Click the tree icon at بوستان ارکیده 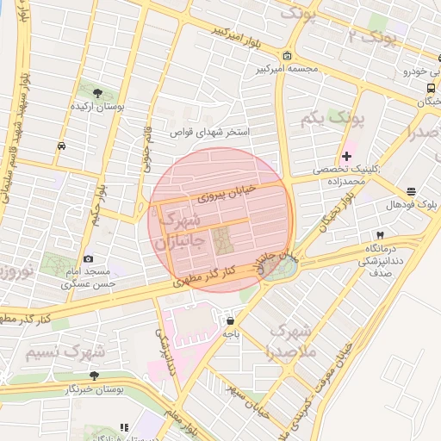[x=96, y=93]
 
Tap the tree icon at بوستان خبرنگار [x=94, y=376]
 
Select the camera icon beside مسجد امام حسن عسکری [x=88, y=259]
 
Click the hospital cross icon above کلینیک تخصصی [x=346, y=156]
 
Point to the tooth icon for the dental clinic [x=379, y=235]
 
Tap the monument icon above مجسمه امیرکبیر [x=287, y=57]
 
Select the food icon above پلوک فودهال [x=412, y=191]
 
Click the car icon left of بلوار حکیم [x=61, y=146]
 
